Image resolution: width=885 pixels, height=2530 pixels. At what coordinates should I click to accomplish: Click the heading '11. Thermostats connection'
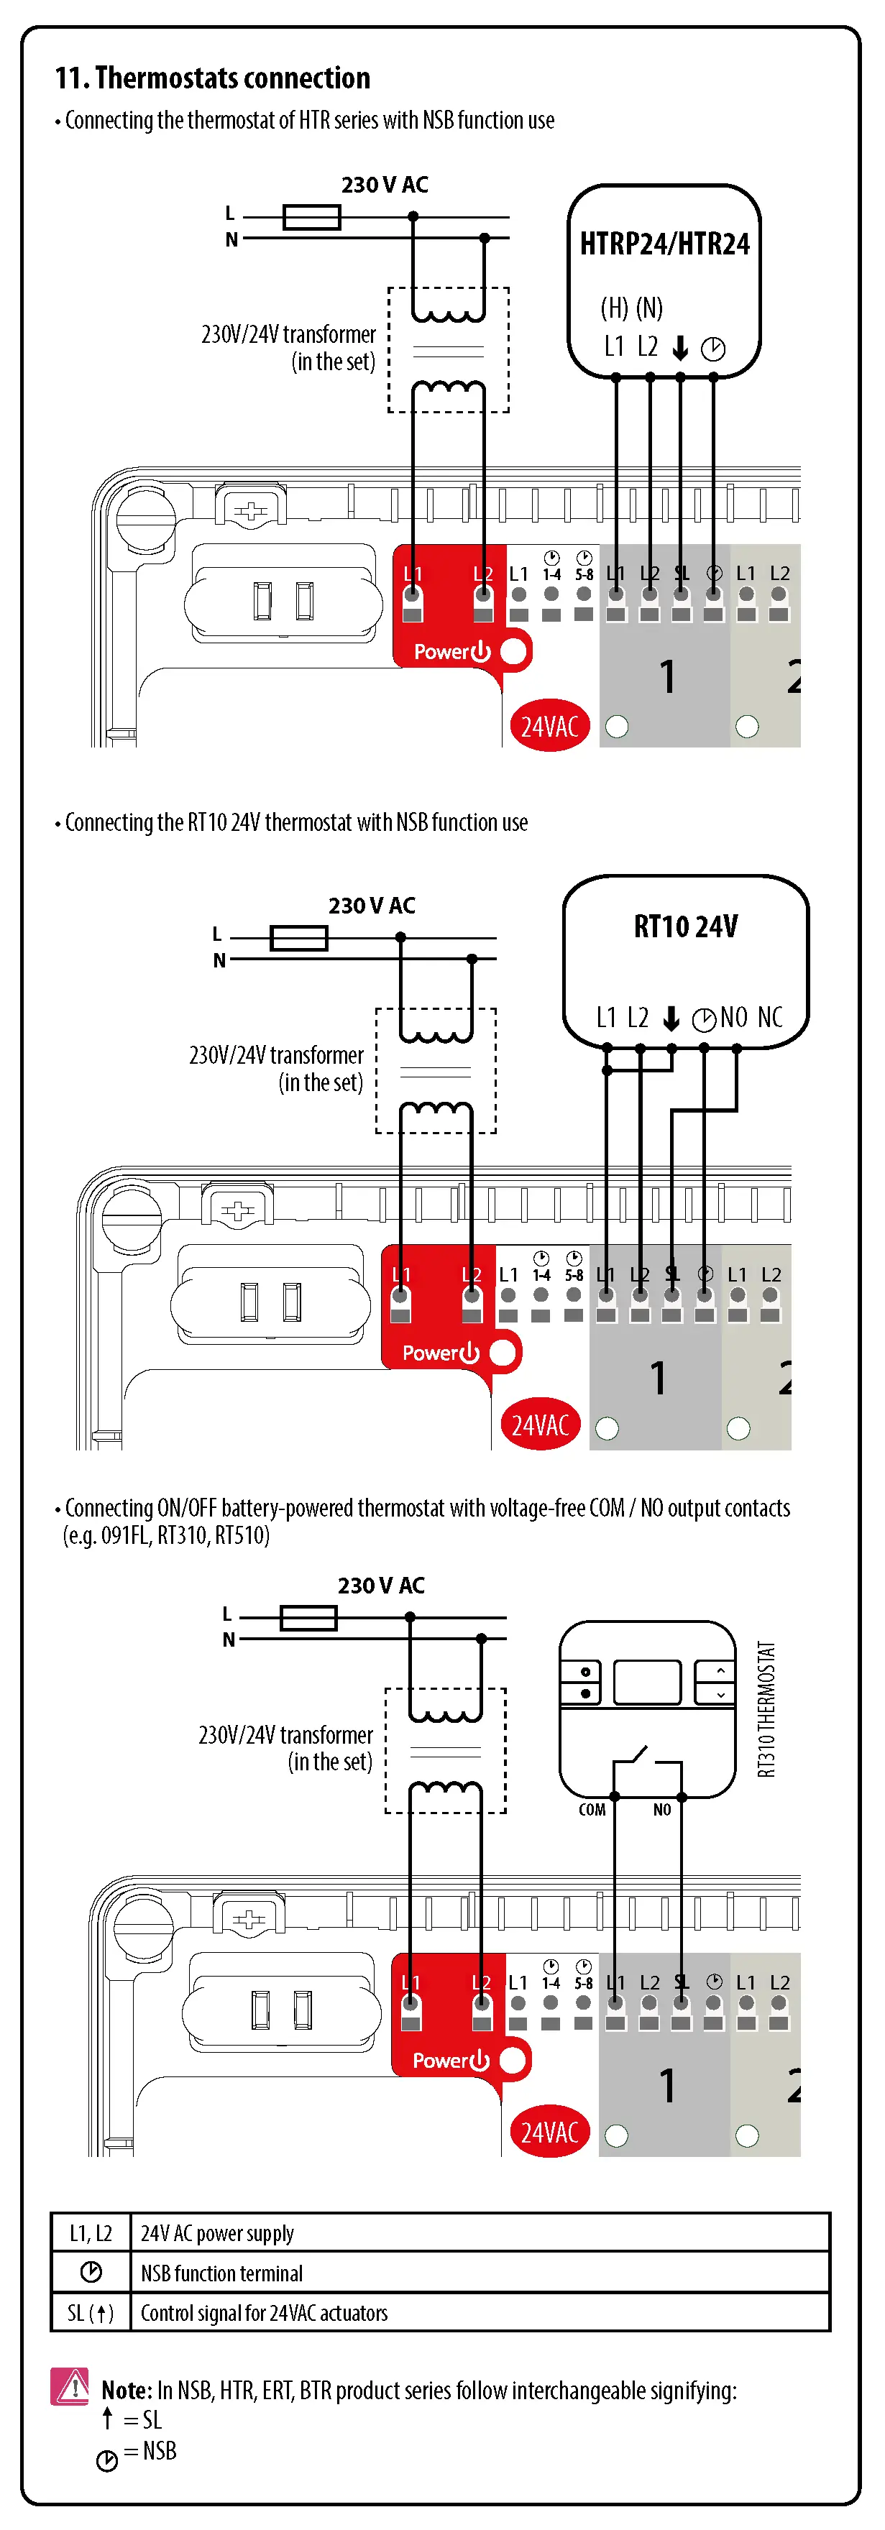pos(212,78)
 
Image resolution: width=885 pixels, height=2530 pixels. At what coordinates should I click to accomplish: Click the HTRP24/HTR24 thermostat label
pos(664,244)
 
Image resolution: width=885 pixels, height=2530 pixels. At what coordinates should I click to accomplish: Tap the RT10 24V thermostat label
pos(686,926)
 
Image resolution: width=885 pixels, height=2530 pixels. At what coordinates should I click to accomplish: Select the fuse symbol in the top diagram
pos(311,217)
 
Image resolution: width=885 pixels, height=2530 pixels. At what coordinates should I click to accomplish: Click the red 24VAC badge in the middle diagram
pos(540,1424)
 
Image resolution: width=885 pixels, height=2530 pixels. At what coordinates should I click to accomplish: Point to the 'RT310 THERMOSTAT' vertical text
pos(766,1709)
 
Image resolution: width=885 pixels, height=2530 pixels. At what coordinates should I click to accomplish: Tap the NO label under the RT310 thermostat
pos(662,1810)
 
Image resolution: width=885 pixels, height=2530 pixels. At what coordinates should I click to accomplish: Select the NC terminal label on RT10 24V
pos(770,1018)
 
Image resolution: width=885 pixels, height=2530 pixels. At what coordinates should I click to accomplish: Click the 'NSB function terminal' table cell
pos(222,2273)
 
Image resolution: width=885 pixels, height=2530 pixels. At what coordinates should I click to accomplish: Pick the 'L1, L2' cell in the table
pos(91,2233)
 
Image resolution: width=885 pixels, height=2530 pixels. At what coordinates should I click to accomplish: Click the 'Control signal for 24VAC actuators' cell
pos(265,2313)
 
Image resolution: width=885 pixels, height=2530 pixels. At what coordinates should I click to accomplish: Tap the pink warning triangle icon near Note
pos(70,2386)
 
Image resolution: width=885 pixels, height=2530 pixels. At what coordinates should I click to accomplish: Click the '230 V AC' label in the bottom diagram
pos(381,1585)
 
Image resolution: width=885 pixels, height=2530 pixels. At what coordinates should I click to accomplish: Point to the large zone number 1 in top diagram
pos(668,676)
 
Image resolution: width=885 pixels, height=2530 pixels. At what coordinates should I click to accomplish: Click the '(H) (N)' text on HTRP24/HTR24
pos(632,308)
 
